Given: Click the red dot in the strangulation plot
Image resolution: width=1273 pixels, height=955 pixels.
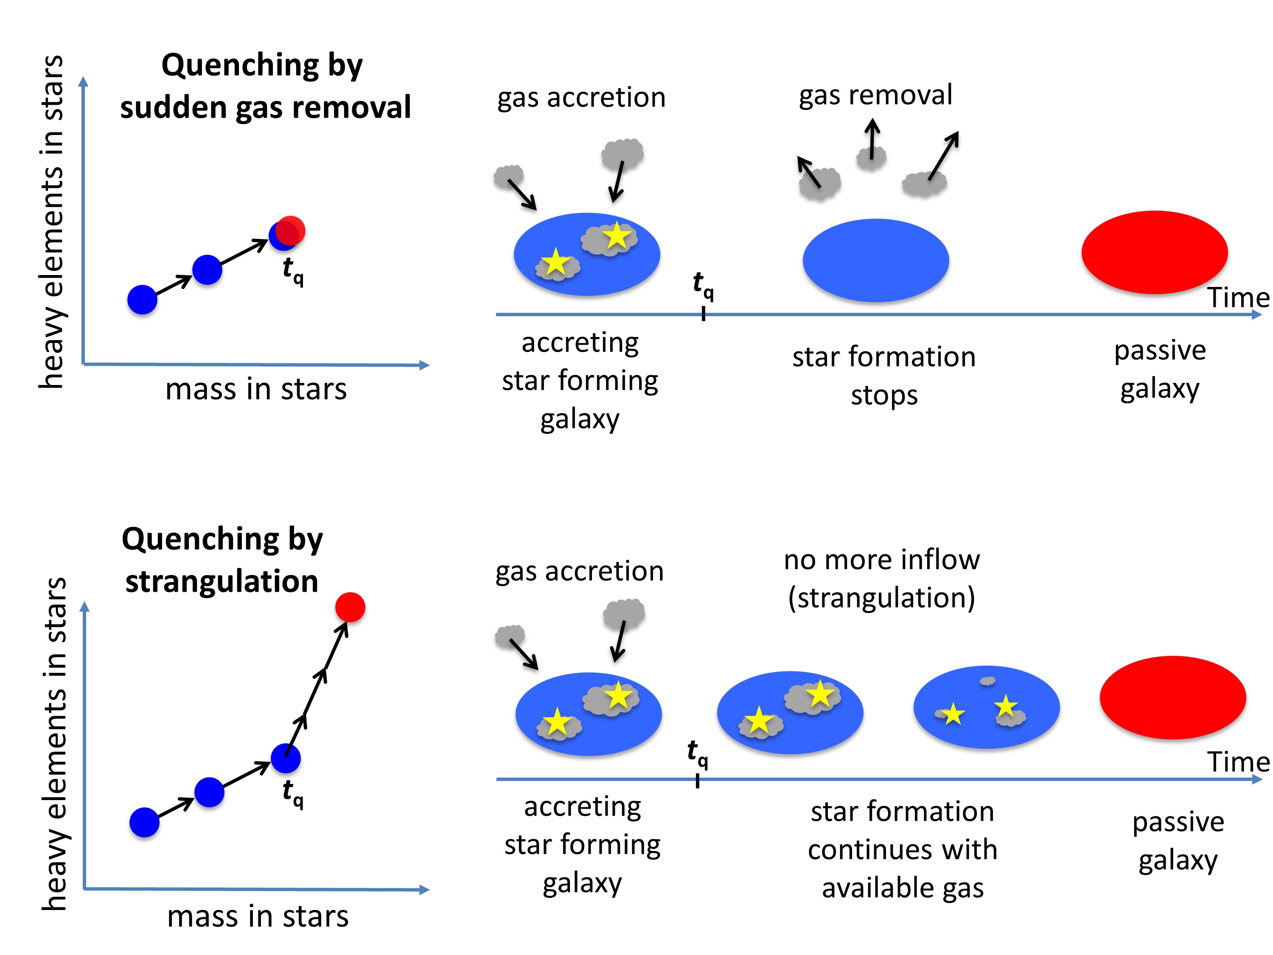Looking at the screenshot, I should pyautogui.click(x=350, y=607).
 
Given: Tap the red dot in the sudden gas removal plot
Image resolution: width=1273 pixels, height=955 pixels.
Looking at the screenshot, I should pyautogui.click(x=291, y=231).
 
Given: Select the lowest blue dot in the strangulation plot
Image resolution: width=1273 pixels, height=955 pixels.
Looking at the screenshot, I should pyautogui.click(x=144, y=822).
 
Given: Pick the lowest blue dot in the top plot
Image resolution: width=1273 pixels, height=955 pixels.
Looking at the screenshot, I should pyautogui.click(x=142, y=299).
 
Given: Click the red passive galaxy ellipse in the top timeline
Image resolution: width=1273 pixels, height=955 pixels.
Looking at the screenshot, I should pyautogui.click(x=1155, y=252).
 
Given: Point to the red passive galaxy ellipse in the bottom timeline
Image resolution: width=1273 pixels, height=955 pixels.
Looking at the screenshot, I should pyautogui.click(x=1172, y=697).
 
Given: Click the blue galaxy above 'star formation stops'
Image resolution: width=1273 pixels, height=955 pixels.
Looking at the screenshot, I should pyautogui.click(x=875, y=260).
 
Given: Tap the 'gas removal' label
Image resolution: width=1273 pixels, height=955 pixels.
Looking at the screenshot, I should pyautogui.click(x=875, y=95).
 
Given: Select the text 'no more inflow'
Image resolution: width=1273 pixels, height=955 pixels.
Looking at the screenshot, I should pyautogui.click(x=882, y=559).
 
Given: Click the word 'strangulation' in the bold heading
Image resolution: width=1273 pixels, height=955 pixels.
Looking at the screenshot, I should pyautogui.click(x=222, y=581).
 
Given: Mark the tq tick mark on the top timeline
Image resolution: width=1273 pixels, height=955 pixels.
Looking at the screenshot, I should pyautogui.click(x=703, y=314).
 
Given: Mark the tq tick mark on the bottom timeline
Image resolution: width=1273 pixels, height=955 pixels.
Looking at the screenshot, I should pyautogui.click(x=698, y=781).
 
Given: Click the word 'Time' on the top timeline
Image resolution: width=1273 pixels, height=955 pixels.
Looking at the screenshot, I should pyautogui.click(x=1237, y=298).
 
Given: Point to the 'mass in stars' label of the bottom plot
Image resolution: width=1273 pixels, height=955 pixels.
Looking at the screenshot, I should pyautogui.click(x=258, y=916).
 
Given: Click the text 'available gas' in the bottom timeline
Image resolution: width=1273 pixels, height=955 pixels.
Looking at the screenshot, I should pyautogui.click(x=903, y=888).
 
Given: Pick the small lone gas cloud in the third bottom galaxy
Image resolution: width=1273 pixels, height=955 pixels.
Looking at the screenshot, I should pyautogui.click(x=987, y=681).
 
